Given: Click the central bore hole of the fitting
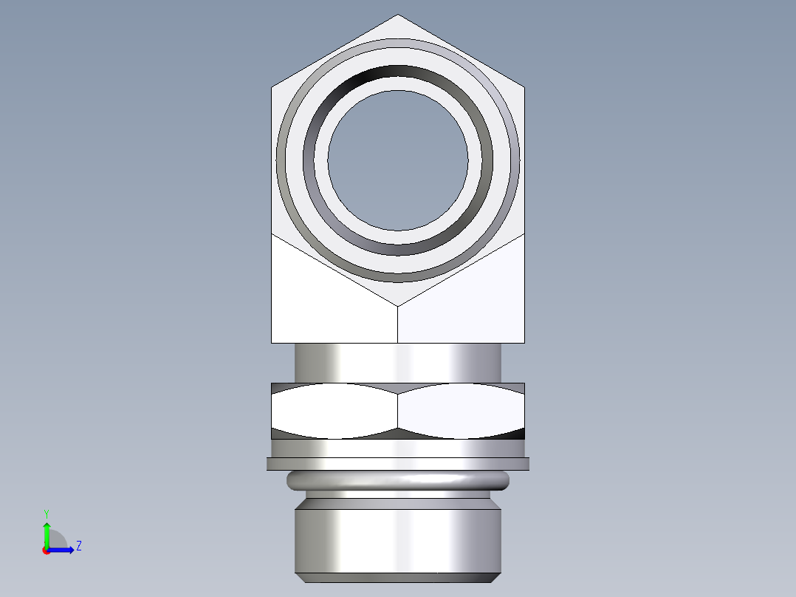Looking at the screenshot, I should [x=398, y=160].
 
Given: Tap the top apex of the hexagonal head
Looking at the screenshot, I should [x=398, y=16].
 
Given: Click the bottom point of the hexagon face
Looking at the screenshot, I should [x=398, y=305].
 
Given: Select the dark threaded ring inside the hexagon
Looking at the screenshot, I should [x=398, y=75].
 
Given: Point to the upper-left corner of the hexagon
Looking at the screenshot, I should [x=272, y=88].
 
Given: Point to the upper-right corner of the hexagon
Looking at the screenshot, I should [x=524, y=88].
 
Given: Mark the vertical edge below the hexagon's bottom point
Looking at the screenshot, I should [x=398, y=325].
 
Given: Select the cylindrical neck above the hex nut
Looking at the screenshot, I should [x=398, y=363].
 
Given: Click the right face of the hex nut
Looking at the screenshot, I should [x=462, y=411].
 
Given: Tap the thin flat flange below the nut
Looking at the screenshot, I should [x=398, y=464].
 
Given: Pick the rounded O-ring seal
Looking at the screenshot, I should [x=398, y=481].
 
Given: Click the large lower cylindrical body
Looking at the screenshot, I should [x=398, y=536].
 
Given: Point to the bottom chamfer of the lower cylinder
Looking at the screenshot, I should [x=398, y=576].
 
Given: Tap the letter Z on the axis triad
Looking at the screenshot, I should [x=78, y=546].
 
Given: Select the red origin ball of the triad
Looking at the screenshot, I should [x=47, y=550].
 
